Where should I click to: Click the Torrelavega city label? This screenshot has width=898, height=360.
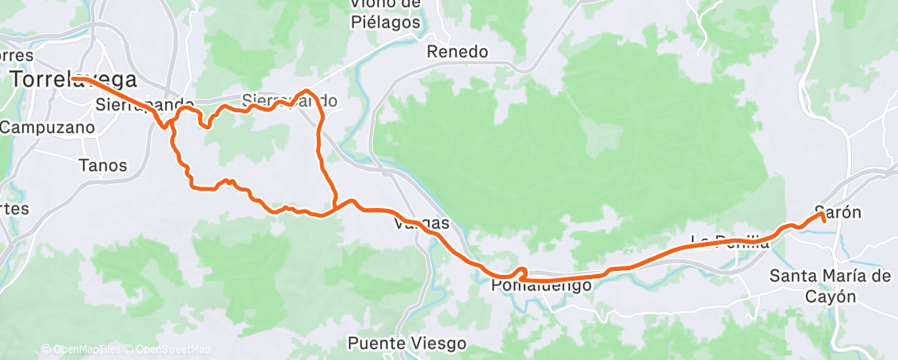tap(73, 79)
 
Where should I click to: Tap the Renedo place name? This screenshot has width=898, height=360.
tap(457, 51)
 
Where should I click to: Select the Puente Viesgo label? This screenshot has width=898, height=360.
tap(407, 343)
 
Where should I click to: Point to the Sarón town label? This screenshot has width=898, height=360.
tap(838, 211)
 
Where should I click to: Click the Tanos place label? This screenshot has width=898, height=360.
tap(102, 165)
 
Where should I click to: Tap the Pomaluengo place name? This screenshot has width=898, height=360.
tap(541, 286)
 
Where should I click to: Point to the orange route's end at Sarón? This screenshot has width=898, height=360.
tap(824, 221)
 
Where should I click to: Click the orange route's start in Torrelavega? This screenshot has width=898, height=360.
tap(73, 78)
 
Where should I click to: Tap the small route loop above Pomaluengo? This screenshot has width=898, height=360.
tap(521, 272)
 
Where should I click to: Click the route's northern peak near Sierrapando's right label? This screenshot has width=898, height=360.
tap(307, 90)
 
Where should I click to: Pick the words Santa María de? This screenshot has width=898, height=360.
tap(830, 276)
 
